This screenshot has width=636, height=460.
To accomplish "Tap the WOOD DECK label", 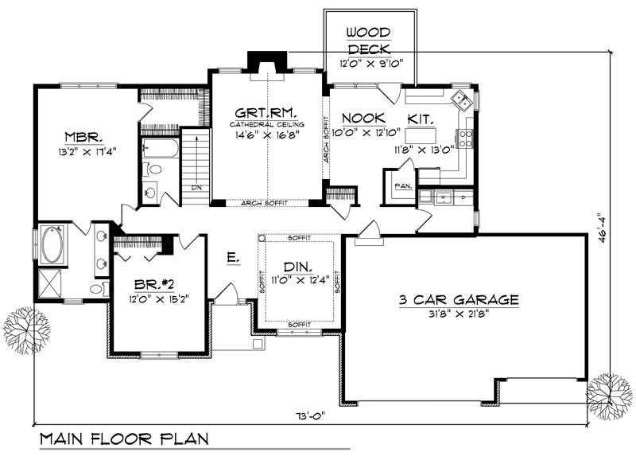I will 369,41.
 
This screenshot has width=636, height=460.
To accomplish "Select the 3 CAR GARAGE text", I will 459,300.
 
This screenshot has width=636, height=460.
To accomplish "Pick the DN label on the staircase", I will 196,188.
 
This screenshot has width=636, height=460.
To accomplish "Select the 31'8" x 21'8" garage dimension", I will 459,314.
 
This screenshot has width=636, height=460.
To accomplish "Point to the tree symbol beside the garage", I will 610,394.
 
